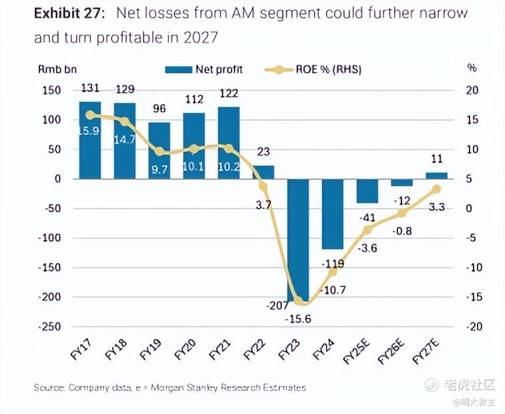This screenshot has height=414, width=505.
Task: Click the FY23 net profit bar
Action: (298, 240)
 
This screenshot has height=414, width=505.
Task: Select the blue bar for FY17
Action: (90, 140)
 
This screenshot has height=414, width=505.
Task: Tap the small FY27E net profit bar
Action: (436, 176)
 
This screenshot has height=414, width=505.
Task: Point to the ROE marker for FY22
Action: (263, 187)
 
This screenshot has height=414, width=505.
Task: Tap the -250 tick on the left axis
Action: (51, 327)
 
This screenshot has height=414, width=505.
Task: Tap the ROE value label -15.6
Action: (298, 319)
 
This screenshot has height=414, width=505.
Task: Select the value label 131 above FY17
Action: (90, 88)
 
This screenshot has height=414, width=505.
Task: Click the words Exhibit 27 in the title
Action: (69, 13)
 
